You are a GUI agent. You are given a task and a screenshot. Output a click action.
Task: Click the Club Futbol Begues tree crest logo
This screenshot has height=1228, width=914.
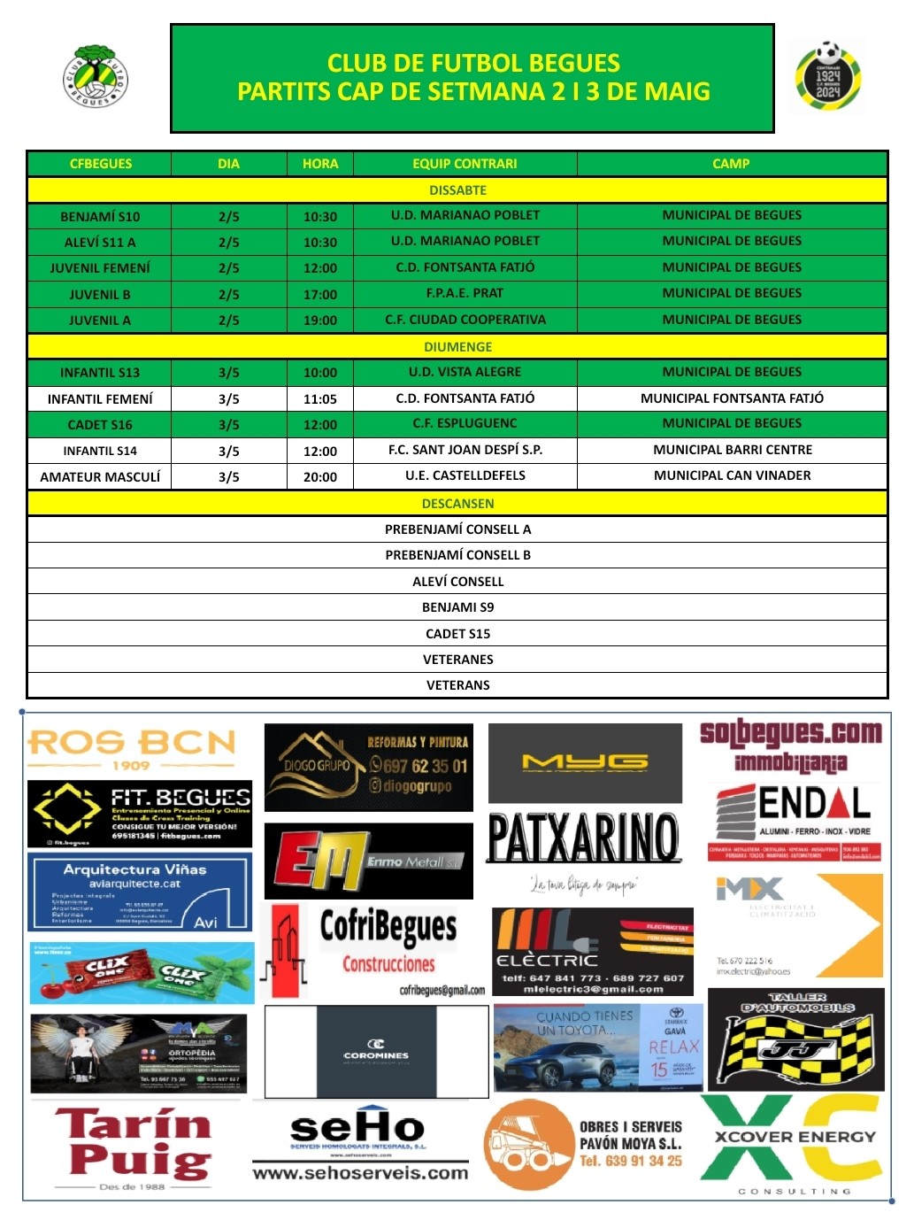click(x=96, y=76)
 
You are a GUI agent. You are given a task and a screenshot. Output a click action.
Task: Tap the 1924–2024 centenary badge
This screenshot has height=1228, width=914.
click(x=828, y=77)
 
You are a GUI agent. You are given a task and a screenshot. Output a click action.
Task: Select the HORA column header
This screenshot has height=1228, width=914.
click(x=319, y=164)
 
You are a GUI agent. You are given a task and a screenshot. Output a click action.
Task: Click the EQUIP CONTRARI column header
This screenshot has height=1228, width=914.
click(x=465, y=164)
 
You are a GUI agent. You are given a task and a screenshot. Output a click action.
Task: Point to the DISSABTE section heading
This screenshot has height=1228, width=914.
click(x=457, y=190)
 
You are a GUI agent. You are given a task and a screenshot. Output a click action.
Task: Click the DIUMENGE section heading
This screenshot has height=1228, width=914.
click(x=457, y=347)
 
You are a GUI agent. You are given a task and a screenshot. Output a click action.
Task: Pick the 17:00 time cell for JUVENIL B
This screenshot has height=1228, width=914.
click(x=319, y=294)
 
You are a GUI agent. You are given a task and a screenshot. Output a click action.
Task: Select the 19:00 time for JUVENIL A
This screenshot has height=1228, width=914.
click(x=319, y=321)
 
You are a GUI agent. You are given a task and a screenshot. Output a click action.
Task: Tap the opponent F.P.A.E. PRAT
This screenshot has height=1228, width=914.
click(x=465, y=293)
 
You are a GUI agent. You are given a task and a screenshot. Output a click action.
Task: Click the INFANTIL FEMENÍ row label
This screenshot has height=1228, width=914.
click(x=100, y=399)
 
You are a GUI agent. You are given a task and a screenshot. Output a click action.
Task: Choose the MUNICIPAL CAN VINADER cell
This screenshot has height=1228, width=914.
click(x=732, y=475)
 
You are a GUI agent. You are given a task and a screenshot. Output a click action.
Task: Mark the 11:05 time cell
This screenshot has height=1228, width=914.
click(x=319, y=399)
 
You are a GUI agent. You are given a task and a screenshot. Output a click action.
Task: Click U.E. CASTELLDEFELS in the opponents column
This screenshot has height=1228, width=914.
click(x=465, y=475)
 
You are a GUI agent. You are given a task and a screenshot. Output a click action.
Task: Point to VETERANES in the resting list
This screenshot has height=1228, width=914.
click(x=457, y=660)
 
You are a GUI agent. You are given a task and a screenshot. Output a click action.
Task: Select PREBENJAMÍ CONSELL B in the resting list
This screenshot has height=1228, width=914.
click(x=457, y=555)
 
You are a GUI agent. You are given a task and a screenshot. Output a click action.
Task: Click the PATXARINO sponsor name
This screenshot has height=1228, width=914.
click(x=584, y=838)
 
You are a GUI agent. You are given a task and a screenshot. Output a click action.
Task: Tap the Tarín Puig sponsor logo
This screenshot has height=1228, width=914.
click(x=134, y=1143)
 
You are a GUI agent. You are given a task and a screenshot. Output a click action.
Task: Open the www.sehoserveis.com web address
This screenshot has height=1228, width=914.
click(x=360, y=1173)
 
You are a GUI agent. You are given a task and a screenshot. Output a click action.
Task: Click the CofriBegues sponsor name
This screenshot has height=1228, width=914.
click(x=388, y=927)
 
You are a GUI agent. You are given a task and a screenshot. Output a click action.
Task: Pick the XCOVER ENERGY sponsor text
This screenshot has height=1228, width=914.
click(x=795, y=1137)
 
